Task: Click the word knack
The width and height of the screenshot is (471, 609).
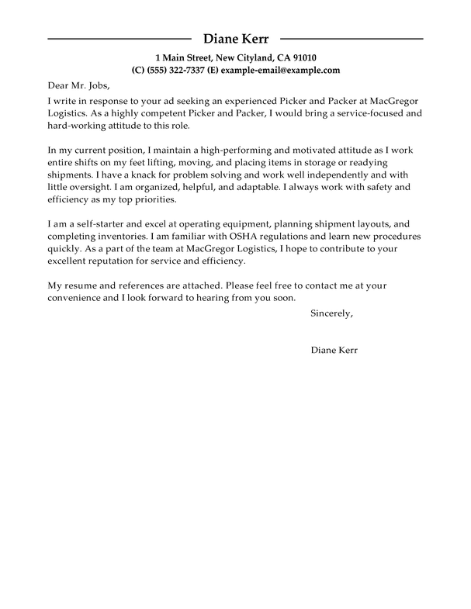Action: tap(154, 175)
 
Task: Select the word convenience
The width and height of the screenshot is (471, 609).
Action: tap(81, 297)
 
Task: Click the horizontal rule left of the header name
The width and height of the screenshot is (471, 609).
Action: tap(119, 37)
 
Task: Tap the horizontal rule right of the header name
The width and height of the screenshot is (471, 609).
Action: tap(351, 37)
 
